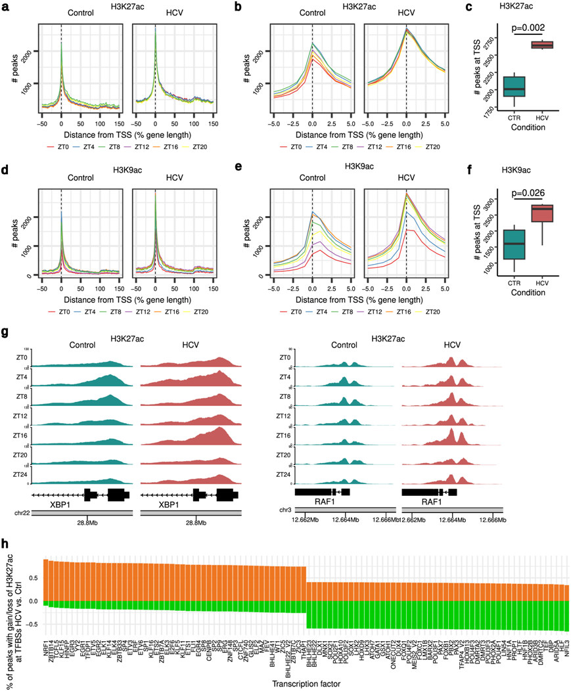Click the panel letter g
pos(5,332)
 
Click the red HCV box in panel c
pos(543,45)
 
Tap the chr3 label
pos(285,510)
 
